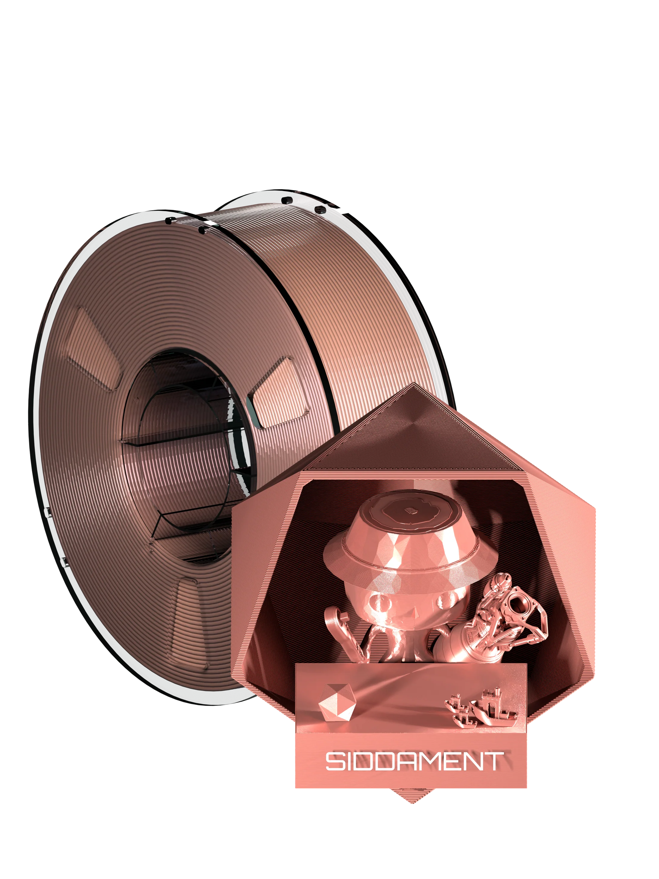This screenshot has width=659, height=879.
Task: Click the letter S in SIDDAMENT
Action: coord(335,761)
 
